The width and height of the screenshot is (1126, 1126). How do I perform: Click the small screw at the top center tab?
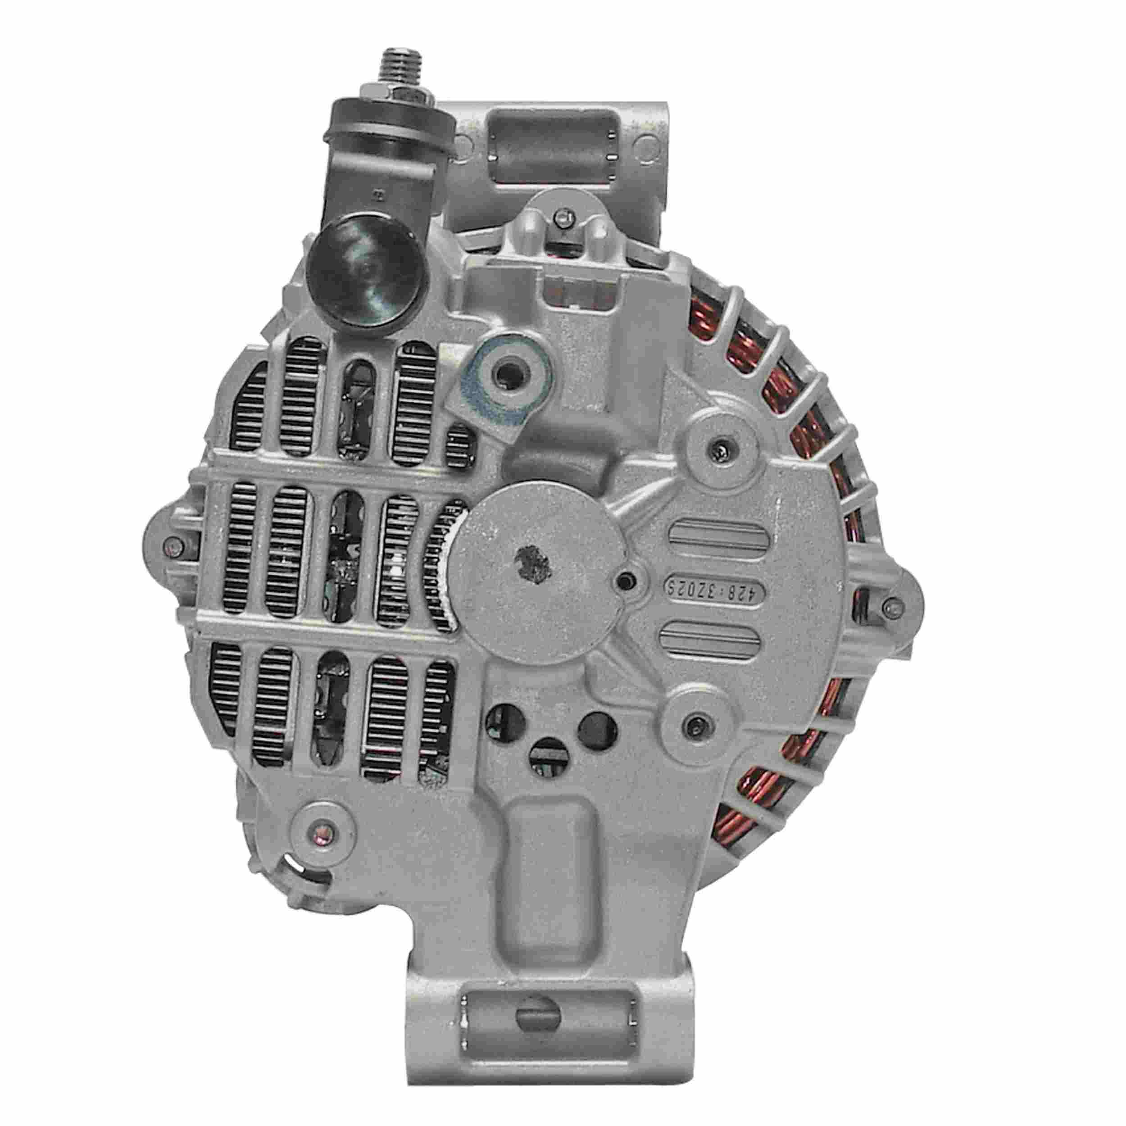click(561, 220)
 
